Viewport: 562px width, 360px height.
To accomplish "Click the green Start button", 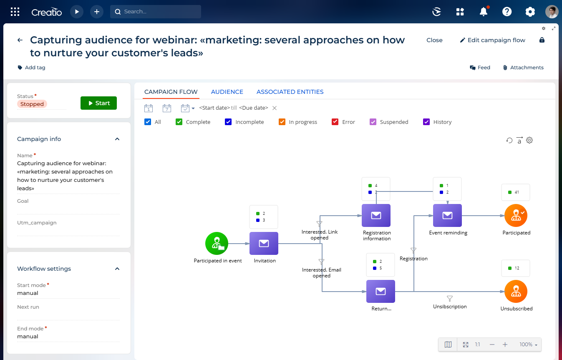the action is [98, 103].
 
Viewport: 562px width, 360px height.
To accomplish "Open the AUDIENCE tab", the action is [227, 92].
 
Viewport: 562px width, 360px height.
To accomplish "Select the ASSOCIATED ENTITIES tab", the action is [290, 92].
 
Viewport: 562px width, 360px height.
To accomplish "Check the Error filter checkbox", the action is [335, 122].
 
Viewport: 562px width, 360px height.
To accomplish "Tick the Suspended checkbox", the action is [373, 122].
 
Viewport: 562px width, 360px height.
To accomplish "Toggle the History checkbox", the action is [426, 122].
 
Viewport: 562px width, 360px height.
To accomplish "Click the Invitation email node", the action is [264, 243].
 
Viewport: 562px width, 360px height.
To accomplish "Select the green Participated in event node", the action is [217, 243].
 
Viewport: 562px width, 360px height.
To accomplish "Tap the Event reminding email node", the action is [447, 216].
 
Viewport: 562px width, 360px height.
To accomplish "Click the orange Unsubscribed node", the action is [516, 292].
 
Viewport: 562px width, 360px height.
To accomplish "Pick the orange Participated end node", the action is [516, 216].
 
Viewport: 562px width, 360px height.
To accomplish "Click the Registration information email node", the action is [376, 216].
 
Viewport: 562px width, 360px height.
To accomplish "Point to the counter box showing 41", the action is [516, 192].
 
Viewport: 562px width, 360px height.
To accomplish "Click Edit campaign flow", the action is [492, 40].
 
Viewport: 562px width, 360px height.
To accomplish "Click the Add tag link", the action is [31, 68].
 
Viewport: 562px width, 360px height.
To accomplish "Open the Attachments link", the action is [523, 68].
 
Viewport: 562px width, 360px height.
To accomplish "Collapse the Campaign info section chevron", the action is [117, 139].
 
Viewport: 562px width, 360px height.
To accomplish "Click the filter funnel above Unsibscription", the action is [450, 299].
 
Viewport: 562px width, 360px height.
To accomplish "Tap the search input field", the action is [156, 12].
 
